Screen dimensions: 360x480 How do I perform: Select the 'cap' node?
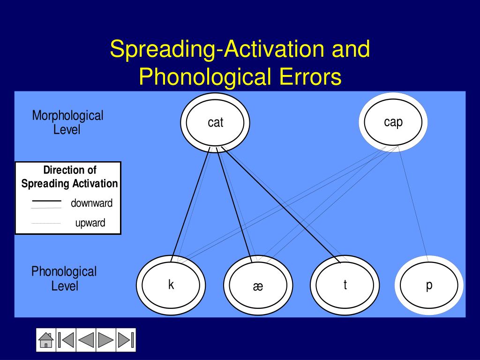point(393,122)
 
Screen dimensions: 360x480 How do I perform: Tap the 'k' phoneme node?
point(171,285)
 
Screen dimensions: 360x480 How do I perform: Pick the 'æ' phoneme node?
point(258,285)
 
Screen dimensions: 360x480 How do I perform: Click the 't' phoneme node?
point(345,285)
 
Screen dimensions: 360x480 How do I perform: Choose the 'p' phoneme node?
point(428,285)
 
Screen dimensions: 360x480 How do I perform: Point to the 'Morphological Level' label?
point(67,122)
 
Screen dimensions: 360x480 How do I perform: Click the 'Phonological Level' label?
point(64,278)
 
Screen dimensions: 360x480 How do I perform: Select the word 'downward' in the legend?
point(92,203)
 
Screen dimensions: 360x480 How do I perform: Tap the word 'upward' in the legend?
point(90,223)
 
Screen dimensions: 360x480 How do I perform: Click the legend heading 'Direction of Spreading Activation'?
point(69,177)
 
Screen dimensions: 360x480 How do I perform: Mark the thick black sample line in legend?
point(46,201)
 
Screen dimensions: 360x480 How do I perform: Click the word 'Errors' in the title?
point(310,77)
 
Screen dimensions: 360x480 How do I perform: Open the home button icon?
point(45,339)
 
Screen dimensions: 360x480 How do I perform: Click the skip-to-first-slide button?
point(66,339)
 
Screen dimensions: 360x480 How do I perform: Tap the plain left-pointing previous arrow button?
point(86,339)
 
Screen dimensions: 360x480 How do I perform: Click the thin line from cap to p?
point(412,204)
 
